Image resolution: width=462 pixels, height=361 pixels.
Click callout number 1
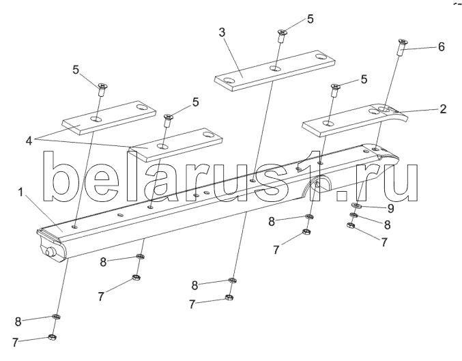(x=23, y=193)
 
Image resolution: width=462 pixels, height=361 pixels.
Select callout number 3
(x=222, y=31)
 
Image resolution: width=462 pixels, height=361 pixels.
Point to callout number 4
(x=29, y=141)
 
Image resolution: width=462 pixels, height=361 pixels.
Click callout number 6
(x=442, y=47)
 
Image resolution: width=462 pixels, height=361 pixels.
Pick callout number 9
(x=390, y=207)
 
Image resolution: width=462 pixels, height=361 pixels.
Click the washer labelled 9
(x=356, y=205)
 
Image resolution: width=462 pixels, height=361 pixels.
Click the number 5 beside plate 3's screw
(x=311, y=19)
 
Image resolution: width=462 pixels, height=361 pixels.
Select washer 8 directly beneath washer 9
(x=353, y=216)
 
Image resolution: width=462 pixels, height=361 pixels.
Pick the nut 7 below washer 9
(x=350, y=227)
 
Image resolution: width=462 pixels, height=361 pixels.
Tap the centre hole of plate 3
(x=274, y=69)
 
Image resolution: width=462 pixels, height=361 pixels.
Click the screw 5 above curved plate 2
(x=335, y=90)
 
